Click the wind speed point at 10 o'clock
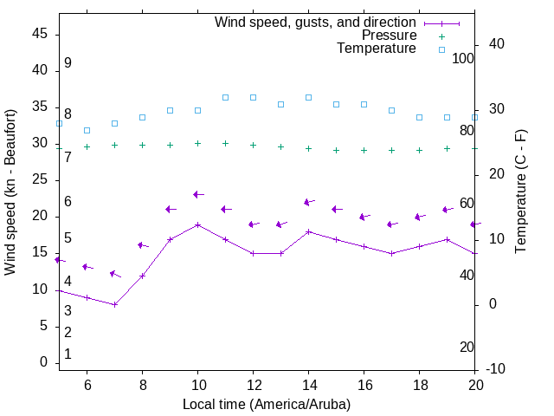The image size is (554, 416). pos(197,224)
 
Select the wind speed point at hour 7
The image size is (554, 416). pos(114,304)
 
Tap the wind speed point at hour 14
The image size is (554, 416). pos(308,231)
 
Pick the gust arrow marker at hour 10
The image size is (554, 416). pos(197,194)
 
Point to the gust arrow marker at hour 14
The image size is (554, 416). pos(308,202)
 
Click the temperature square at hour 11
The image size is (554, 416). pos(225,97)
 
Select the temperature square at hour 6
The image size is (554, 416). pos(87,130)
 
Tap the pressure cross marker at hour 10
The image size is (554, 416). pos(197,143)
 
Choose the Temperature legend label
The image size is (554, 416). pos(377,49)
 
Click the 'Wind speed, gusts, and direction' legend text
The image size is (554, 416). pos(316,23)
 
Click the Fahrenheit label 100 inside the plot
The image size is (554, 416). pos(463,58)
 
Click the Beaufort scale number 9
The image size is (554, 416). pos(68,63)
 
